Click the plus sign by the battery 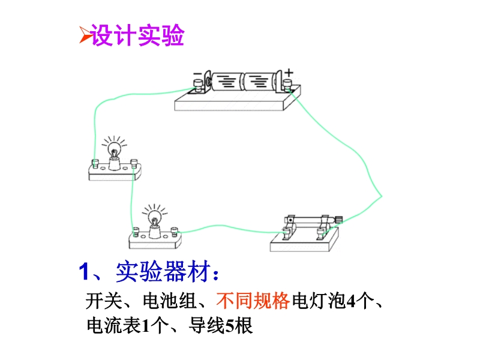click(289, 73)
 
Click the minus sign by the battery click(197, 73)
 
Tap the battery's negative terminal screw click(198, 85)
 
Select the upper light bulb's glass click(114, 149)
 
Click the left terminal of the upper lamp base click(95, 164)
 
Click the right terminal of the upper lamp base click(134, 163)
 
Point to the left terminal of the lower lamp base click(136, 232)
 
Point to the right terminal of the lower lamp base click(174, 232)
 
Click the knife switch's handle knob click(338, 220)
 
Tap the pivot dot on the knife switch click(290, 220)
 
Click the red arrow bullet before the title click(86, 35)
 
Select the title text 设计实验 click(138, 35)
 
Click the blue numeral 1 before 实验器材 click(84, 271)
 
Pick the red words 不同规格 click(253, 301)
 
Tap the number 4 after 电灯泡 click(351, 301)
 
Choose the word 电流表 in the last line click(113, 325)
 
